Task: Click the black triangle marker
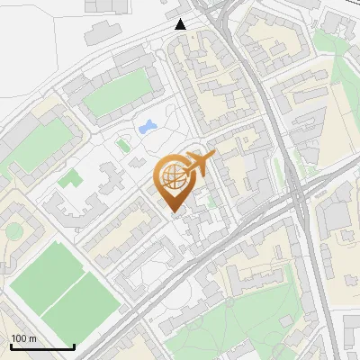click(181, 23)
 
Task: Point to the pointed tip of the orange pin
click(174, 214)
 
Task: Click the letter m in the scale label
click(33, 338)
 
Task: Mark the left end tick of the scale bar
click(11, 346)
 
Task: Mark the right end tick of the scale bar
click(74, 346)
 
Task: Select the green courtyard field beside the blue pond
click(116, 94)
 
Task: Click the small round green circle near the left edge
click(13, 230)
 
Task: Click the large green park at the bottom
click(252, 324)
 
